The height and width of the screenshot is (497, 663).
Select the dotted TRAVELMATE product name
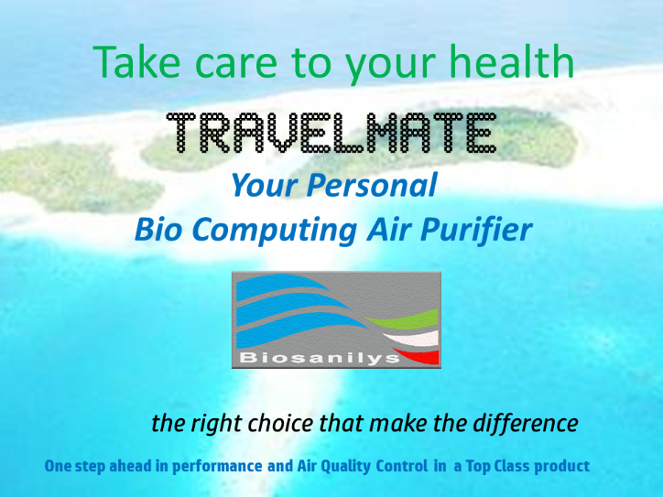[x=331, y=133]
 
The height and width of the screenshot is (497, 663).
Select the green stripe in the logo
[x=406, y=320]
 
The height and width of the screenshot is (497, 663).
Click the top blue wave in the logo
[x=279, y=284]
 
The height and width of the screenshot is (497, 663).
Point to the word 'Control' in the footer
[x=402, y=466]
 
